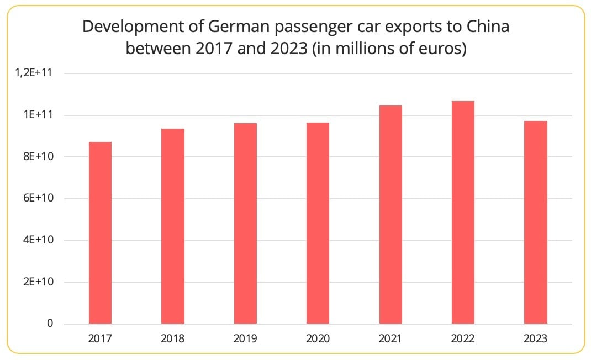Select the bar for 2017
click(x=100, y=232)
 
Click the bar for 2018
click(x=173, y=226)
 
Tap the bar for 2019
click(x=245, y=223)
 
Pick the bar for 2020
click(x=318, y=223)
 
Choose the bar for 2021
click(x=391, y=214)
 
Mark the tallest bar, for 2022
click(x=463, y=212)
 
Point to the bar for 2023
click(x=535, y=222)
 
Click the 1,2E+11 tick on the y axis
click(x=36, y=73)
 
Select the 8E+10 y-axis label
click(x=39, y=157)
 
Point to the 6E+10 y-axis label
click(x=39, y=198)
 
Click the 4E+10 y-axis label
click(x=39, y=240)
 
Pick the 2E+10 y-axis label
click(x=39, y=282)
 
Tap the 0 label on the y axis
click(x=50, y=324)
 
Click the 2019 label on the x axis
click(x=245, y=338)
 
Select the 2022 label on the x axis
click(x=463, y=338)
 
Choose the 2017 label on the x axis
click(x=100, y=338)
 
